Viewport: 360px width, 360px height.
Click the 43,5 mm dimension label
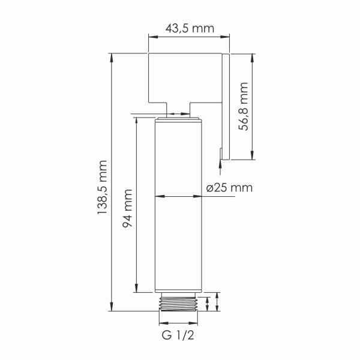pos(189,28)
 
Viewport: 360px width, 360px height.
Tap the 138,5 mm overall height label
pos(103,187)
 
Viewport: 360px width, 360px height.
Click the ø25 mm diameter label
pos(229,187)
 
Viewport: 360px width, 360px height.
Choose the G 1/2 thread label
pos(178,335)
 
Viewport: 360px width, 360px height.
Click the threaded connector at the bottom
pos(178,302)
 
